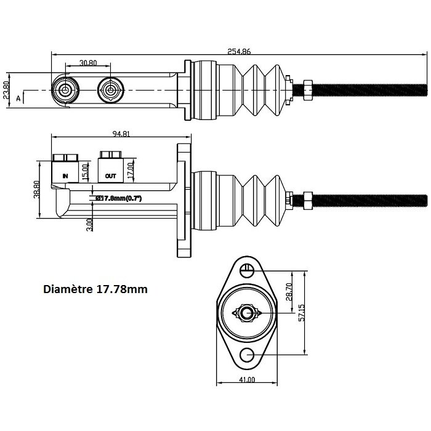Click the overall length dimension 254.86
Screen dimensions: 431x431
coord(239,51)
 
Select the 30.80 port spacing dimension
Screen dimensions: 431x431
coord(88,63)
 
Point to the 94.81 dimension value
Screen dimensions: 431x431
coord(121,134)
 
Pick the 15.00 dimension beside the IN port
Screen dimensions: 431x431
coord(86,171)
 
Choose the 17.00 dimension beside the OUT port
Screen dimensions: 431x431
coord(131,169)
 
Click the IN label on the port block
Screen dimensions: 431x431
coord(65,176)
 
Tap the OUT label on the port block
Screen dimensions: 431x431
coord(110,176)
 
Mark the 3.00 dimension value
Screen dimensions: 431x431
coord(90,225)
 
